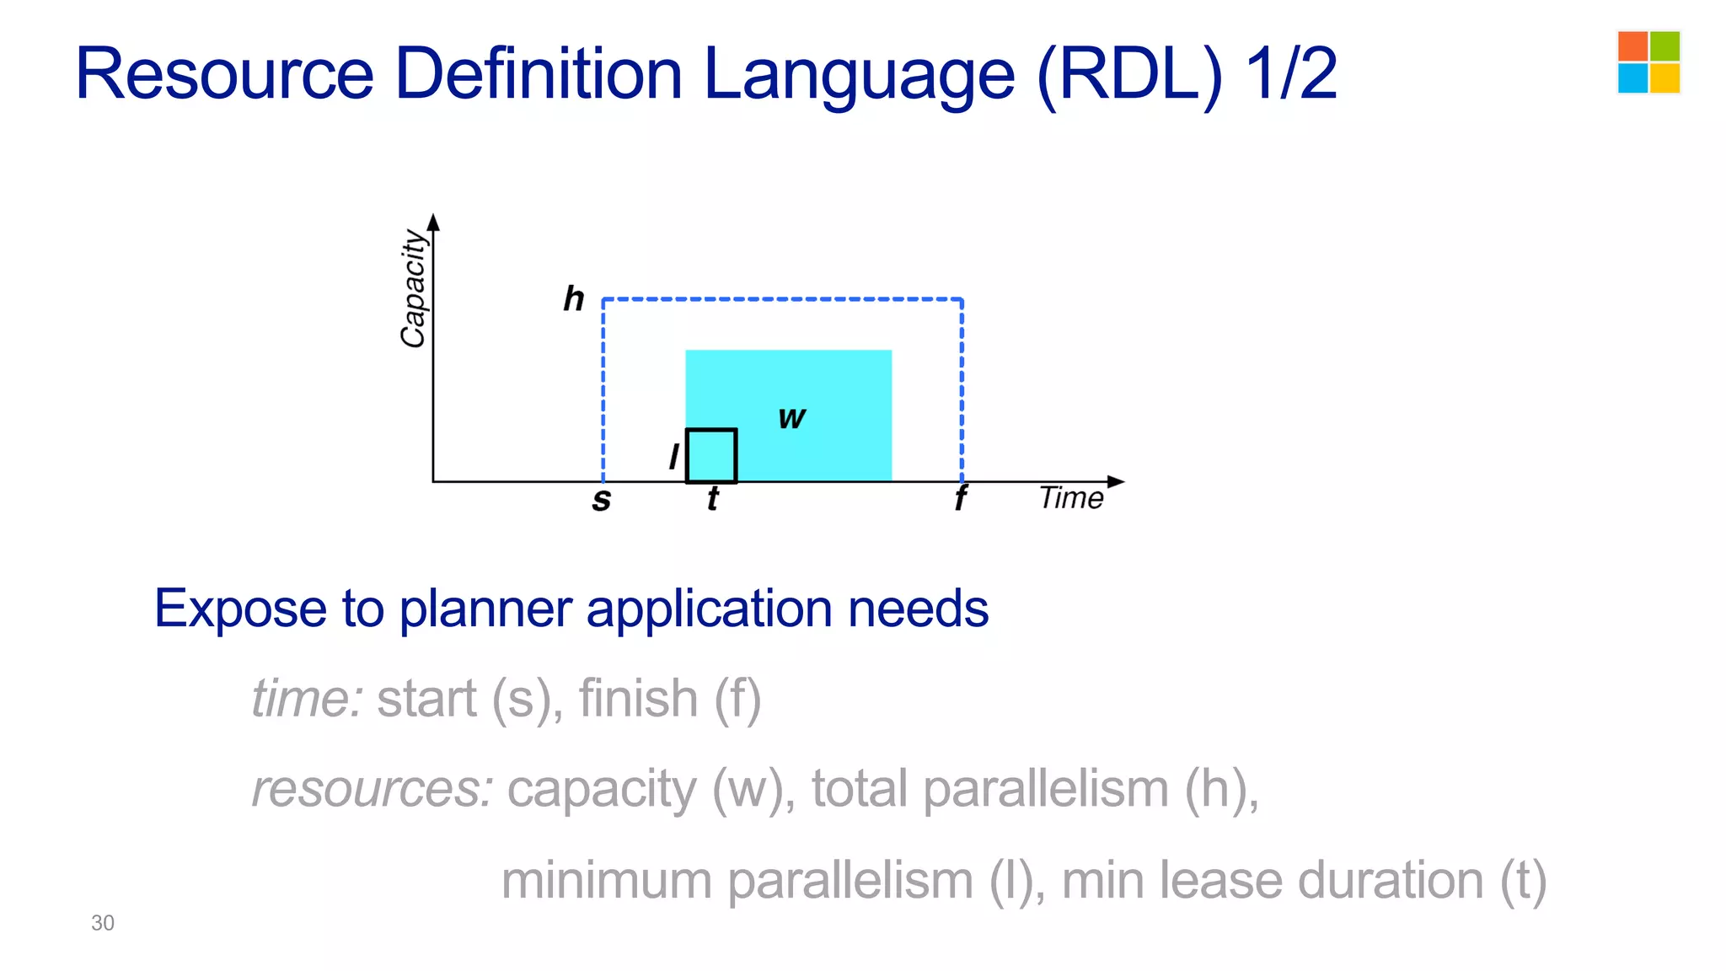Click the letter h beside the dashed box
point(574,299)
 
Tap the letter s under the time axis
point(601,500)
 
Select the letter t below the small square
point(713,499)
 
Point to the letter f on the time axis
point(960,499)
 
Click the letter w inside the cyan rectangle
point(791,417)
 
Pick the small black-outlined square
point(711,456)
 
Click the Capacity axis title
point(413,288)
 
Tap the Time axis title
point(1070,498)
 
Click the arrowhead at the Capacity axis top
point(433,222)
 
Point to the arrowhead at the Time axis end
point(1116,481)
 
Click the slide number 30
point(103,923)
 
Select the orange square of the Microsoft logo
point(1632,46)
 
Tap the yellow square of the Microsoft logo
point(1664,78)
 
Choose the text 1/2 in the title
point(1290,74)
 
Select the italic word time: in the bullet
point(308,699)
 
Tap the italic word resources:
point(373,790)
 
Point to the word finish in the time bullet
point(638,699)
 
